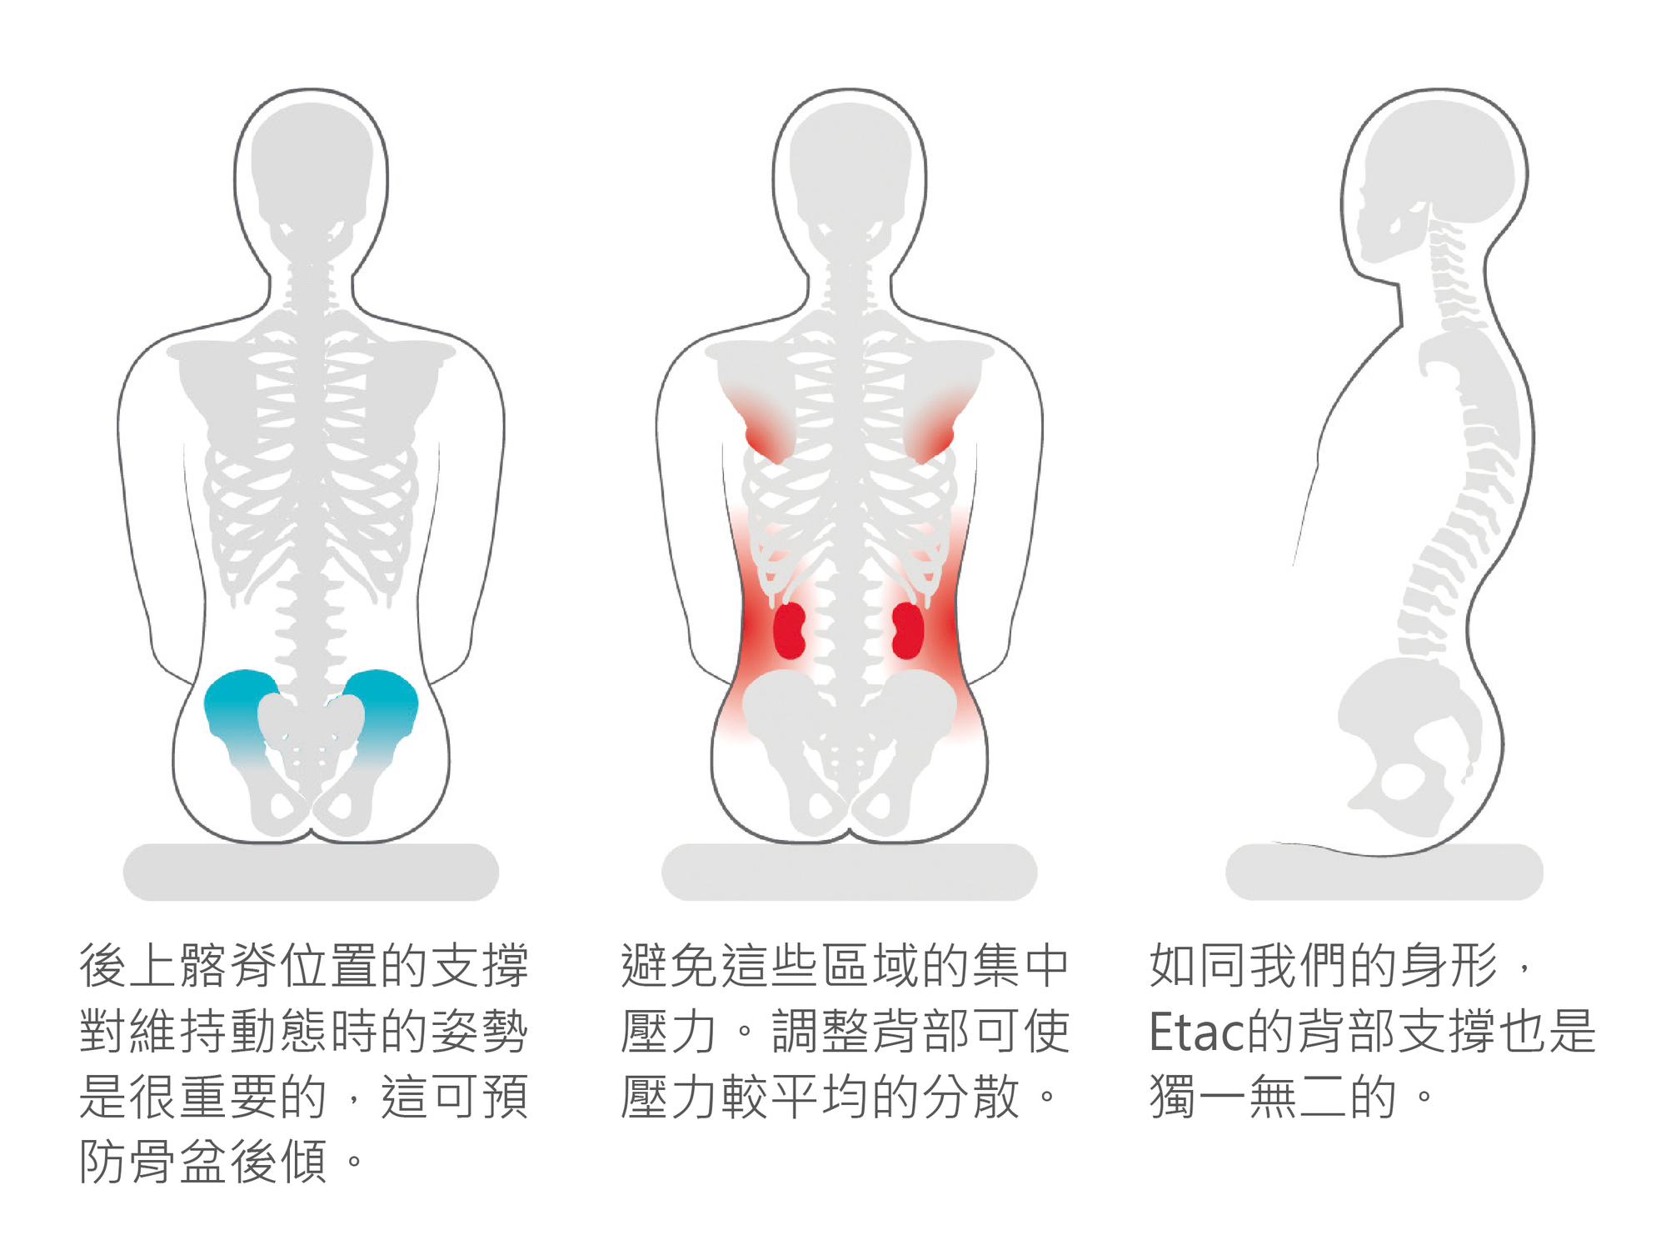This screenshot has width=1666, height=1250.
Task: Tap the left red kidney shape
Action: (789, 631)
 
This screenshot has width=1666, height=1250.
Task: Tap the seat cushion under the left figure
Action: (311, 872)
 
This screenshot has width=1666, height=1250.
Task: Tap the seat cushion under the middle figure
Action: (849, 872)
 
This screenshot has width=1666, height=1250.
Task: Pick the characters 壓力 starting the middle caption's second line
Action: (669, 1032)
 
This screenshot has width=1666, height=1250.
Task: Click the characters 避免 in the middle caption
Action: (669, 967)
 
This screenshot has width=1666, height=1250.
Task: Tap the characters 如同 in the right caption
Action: (1198, 967)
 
